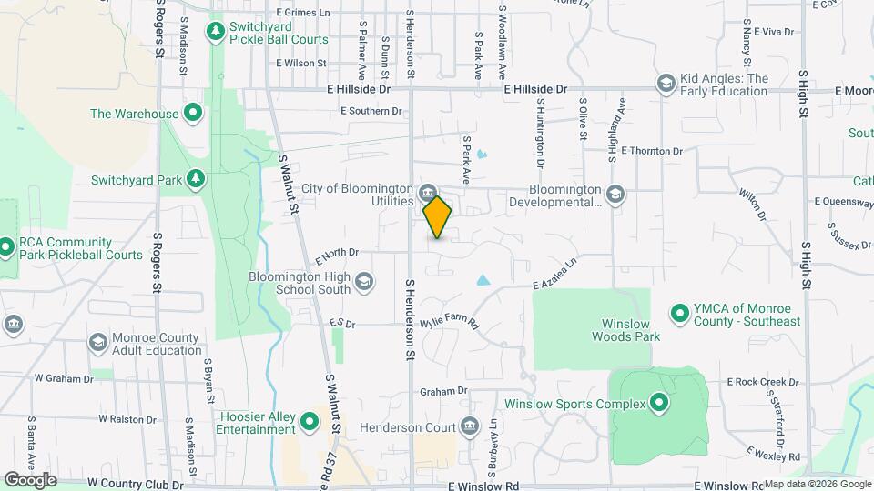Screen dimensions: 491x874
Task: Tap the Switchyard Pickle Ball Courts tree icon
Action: point(216,34)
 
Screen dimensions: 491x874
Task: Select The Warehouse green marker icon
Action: point(192,114)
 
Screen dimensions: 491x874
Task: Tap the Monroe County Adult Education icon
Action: point(97,343)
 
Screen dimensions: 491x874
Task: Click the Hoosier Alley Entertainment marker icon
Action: point(309,421)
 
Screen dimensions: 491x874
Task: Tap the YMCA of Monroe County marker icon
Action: point(679,315)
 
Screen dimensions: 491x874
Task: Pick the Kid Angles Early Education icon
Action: point(666,85)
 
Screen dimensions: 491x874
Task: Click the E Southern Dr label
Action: point(371,111)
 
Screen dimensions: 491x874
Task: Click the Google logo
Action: point(30,479)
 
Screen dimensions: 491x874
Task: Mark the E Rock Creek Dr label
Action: point(762,382)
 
